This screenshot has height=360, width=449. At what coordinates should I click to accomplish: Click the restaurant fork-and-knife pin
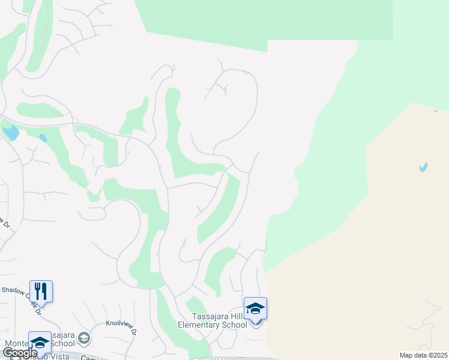click(41, 291)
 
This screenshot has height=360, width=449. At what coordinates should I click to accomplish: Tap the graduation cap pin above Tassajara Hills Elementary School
click(255, 308)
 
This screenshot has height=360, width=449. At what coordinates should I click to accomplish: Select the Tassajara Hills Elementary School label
click(212, 321)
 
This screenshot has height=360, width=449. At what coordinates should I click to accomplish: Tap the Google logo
click(19, 353)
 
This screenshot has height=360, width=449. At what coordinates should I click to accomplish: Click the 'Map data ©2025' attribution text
click(423, 355)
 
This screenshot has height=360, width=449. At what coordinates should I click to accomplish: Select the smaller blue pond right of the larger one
click(43, 138)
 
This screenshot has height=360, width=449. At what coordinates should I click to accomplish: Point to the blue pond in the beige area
click(423, 167)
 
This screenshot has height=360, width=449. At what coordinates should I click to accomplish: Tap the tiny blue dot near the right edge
click(435, 111)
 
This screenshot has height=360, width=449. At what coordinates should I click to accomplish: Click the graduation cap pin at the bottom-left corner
click(40, 342)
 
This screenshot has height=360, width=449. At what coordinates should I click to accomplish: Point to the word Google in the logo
click(19, 353)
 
